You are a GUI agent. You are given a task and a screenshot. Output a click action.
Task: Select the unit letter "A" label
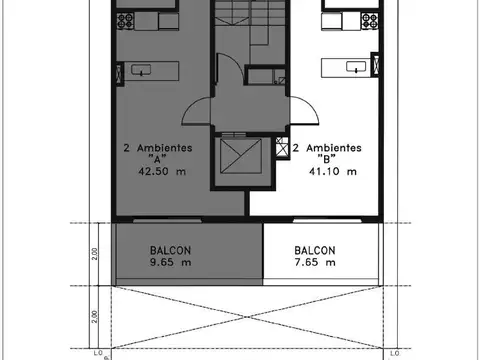tap(156, 158)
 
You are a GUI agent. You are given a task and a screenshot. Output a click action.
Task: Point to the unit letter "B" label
tap(325, 158)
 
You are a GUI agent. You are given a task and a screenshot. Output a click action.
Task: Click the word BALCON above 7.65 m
tap(315, 250)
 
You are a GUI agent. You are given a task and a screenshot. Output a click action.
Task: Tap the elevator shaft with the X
tap(239, 158)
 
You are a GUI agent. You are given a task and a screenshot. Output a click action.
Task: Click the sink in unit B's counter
tap(354, 67)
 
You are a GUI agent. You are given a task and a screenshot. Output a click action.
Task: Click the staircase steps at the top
tap(239, 14)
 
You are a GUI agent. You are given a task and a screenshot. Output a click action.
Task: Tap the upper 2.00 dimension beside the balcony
tap(95, 253)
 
